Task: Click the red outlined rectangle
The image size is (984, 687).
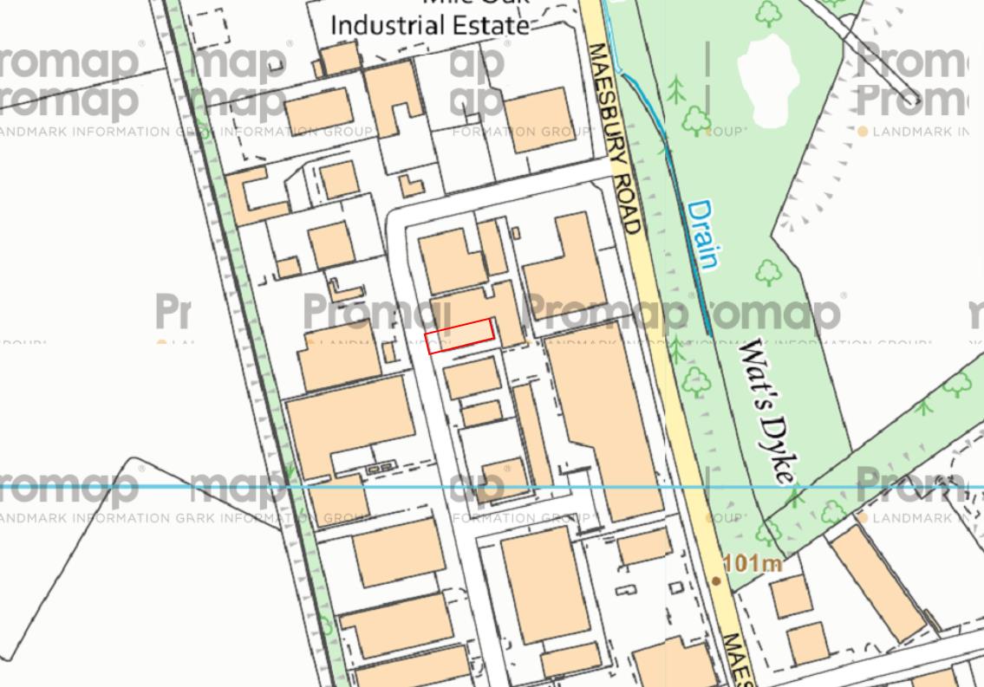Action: point(459,335)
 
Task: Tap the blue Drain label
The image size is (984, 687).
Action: point(703,234)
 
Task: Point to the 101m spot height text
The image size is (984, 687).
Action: point(753,564)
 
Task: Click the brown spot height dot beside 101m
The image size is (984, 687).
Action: point(716,580)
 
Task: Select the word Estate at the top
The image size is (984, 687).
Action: point(494,25)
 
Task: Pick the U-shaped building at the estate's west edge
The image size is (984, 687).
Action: point(251,195)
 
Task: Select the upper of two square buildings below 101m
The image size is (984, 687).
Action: point(790,596)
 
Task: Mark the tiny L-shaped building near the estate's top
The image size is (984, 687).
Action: point(412,185)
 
